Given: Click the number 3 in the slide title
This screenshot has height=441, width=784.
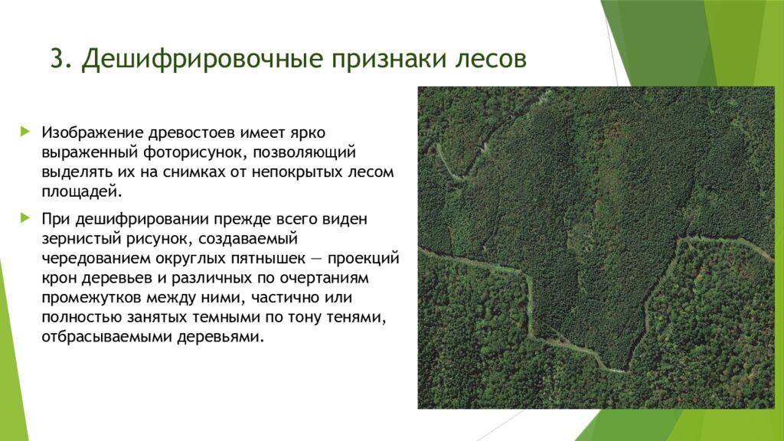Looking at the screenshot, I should tap(57, 60).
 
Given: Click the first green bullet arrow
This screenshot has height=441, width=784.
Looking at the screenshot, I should tap(27, 132).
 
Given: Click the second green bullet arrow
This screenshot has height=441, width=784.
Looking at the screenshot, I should tap(27, 218).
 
